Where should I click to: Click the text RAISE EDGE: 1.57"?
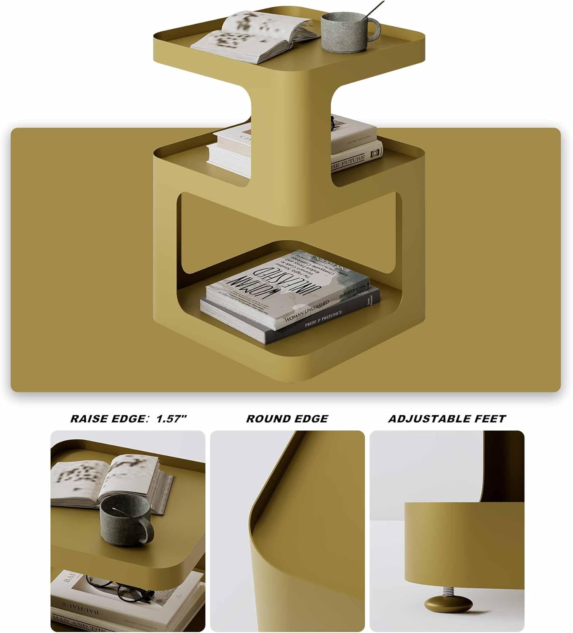point(128,419)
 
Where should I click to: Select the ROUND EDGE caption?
point(287,419)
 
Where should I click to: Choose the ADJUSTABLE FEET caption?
point(447,419)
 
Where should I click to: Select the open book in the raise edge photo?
point(110,481)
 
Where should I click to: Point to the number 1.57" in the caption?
point(171,419)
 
